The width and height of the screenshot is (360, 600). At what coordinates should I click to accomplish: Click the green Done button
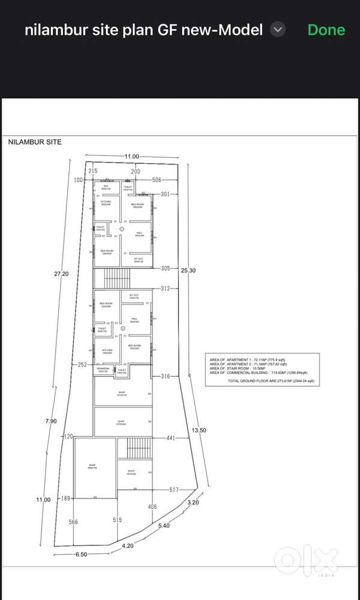(326, 29)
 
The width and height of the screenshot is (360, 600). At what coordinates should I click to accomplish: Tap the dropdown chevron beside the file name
(277, 29)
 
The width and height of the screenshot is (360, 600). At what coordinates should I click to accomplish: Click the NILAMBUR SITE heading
(35, 143)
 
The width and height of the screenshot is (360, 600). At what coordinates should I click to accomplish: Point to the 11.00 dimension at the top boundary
(132, 157)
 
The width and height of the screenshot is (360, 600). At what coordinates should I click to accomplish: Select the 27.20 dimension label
(61, 274)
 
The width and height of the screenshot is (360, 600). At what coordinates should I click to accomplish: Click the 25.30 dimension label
(188, 271)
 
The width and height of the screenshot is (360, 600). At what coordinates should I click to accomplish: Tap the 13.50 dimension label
(199, 430)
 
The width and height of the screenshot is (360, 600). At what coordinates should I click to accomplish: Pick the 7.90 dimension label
(50, 421)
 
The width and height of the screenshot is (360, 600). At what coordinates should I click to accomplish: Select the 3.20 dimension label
(193, 502)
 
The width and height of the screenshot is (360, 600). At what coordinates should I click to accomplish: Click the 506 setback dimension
(157, 179)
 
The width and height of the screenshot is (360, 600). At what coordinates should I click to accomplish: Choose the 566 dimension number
(73, 522)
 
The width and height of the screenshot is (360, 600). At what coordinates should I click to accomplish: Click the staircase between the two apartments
(117, 278)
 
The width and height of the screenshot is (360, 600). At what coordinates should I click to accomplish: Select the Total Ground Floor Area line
(271, 381)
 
